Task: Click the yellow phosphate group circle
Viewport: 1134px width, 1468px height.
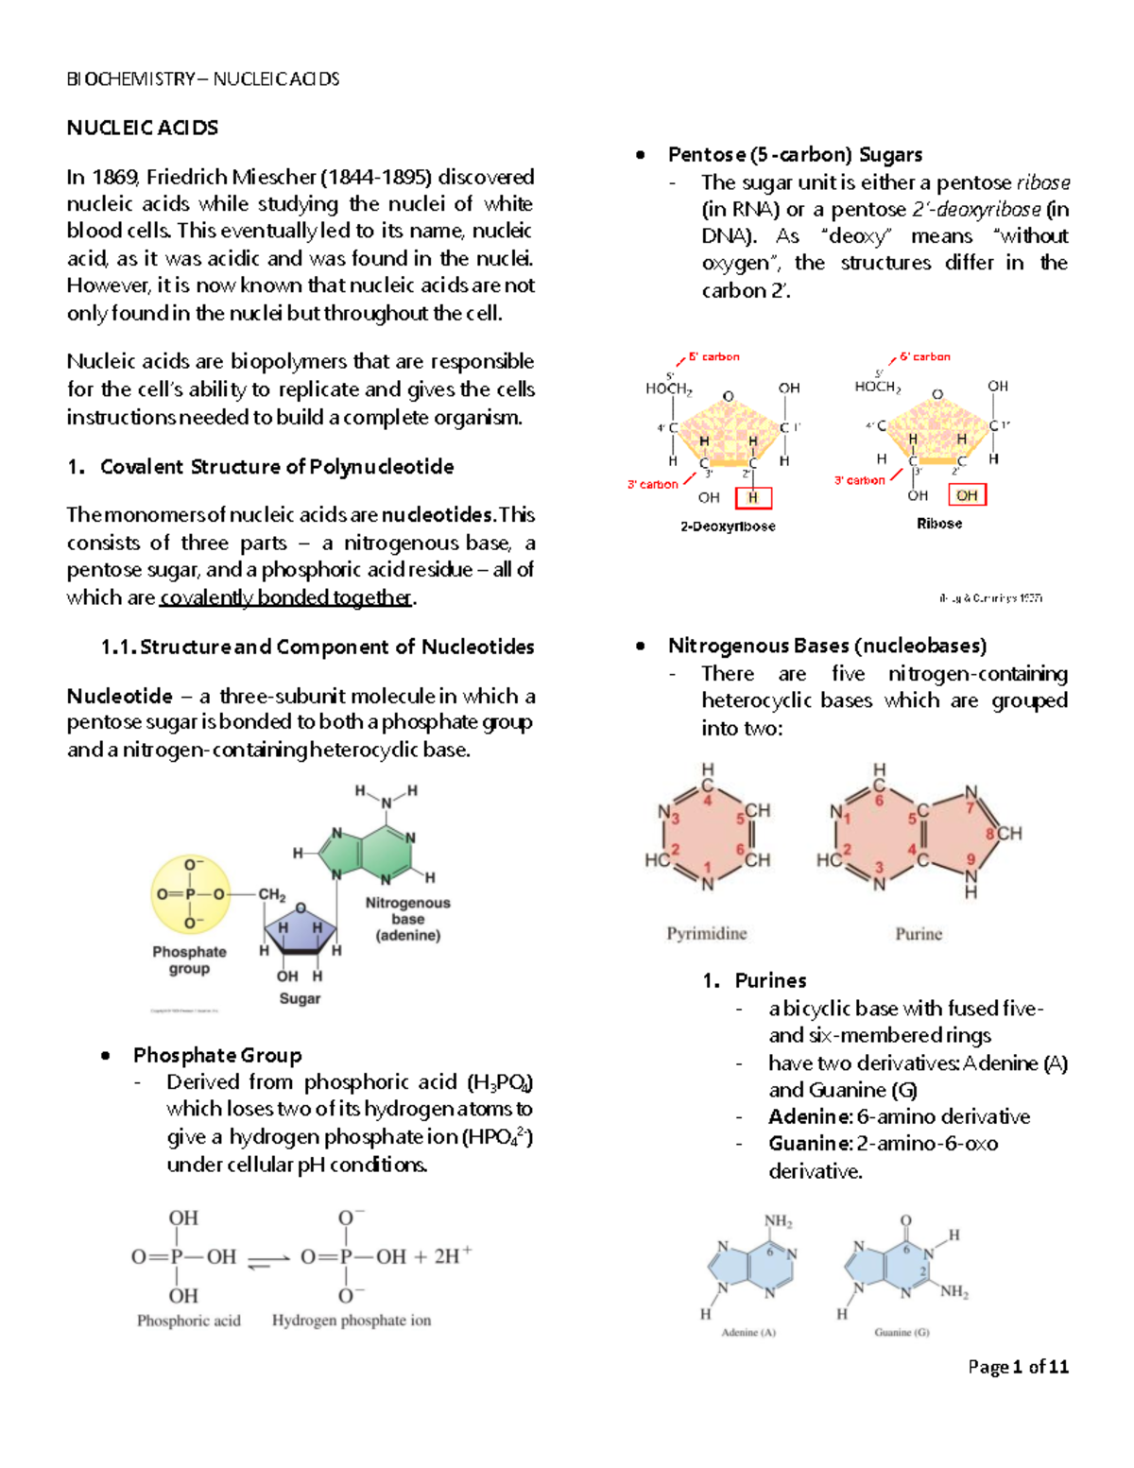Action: click(190, 894)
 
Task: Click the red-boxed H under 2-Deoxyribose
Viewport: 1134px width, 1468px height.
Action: click(753, 498)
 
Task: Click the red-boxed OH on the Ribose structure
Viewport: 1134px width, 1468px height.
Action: click(966, 495)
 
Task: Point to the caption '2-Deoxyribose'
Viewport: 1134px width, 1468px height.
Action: click(728, 527)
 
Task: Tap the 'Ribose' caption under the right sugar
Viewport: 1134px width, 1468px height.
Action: click(939, 524)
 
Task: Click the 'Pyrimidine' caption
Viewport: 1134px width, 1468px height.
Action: click(707, 934)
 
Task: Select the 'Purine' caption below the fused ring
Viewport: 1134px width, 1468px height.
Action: click(919, 934)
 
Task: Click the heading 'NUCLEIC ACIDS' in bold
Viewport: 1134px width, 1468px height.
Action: click(143, 128)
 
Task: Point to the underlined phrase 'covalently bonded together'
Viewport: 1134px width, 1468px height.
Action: click(286, 597)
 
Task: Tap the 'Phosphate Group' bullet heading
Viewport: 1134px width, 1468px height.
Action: click(217, 1055)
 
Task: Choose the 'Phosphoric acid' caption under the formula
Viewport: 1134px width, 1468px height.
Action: click(189, 1321)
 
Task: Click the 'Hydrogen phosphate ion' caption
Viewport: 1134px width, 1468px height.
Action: click(352, 1321)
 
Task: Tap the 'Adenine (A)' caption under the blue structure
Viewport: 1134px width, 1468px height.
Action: click(748, 1333)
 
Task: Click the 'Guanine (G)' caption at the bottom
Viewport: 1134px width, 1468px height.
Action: click(902, 1333)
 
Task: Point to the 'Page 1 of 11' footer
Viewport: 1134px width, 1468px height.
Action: click(1018, 1367)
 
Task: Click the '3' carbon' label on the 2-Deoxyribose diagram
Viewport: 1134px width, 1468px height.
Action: click(653, 485)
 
